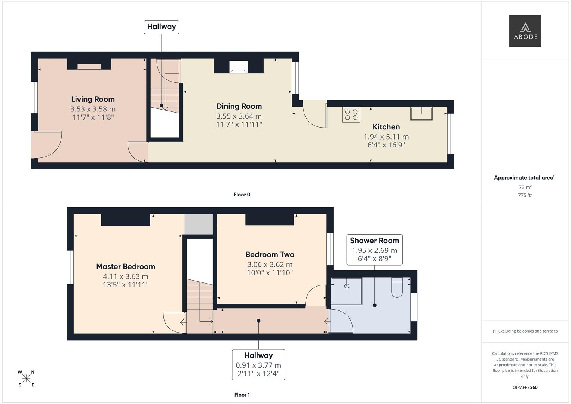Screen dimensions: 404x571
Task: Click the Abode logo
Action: tap(525, 31)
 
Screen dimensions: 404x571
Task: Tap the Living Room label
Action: tap(93, 99)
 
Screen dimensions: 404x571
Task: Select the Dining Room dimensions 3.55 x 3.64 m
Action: tap(239, 116)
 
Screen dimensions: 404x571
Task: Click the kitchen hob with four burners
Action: tap(351, 114)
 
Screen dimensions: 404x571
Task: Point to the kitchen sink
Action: tap(421, 113)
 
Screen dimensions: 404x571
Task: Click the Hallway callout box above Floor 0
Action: tap(161, 27)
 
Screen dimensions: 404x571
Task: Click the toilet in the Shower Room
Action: tap(397, 287)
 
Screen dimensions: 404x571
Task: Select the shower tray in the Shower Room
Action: tap(347, 291)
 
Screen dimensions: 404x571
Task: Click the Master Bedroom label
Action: tap(125, 267)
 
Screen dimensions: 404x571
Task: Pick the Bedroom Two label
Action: tap(270, 255)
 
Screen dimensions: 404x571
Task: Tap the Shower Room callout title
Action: tap(374, 241)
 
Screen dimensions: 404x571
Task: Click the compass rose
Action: tap(26, 379)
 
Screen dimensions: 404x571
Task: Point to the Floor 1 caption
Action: tap(242, 395)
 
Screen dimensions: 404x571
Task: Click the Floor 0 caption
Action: tap(242, 195)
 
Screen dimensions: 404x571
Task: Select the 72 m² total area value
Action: tap(525, 187)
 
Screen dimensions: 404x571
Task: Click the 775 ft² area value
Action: tap(525, 195)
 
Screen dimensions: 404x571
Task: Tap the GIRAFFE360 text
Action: tap(525, 388)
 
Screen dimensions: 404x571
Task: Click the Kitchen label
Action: tap(386, 127)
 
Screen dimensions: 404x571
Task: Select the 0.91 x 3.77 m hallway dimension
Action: tap(258, 365)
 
